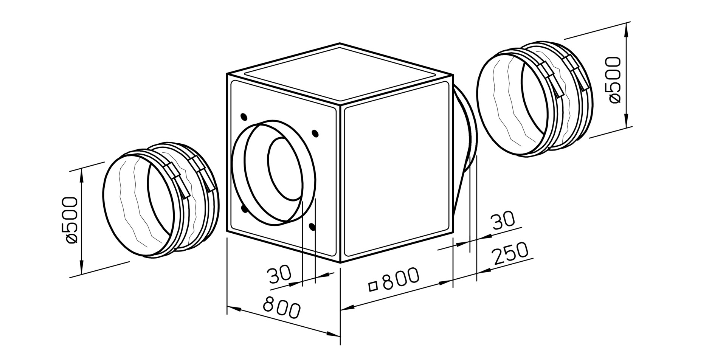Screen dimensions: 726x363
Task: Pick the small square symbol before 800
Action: point(374,286)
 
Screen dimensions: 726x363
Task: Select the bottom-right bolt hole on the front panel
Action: point(312,227)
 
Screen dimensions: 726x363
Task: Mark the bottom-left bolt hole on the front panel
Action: point(244,209)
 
